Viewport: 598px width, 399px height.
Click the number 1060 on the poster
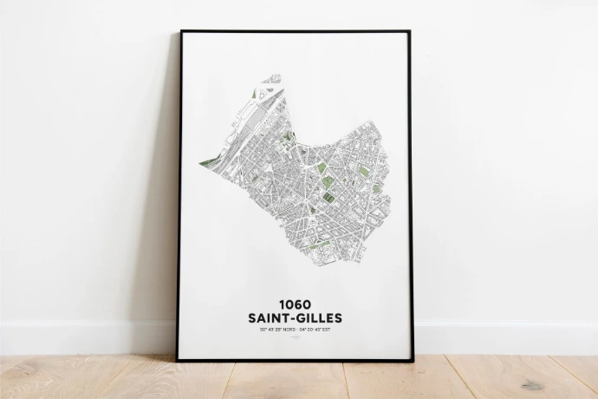coord(295,305)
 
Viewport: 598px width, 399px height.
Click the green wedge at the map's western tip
coord(205,162)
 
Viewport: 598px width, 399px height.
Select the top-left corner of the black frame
coord(180,32)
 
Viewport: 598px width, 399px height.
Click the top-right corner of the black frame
coord(410,32)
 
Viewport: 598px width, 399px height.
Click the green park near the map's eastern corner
coord(366,172)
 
